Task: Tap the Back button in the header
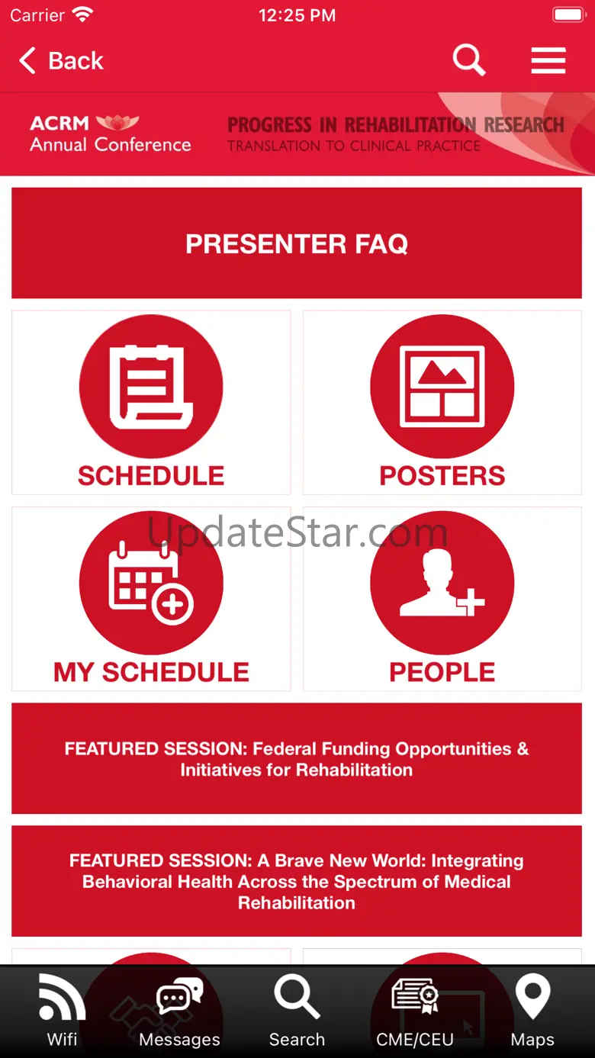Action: [x=61, y=60]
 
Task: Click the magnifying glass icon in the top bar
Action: [x=468, y=59]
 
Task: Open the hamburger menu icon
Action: [x=548, y=60]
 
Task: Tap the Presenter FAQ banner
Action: [x=297, y=243]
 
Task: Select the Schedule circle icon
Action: [x=151, y=386]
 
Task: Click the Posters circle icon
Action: [x=442, y=386]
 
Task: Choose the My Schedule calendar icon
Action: [x=151, y=582]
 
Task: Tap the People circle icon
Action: [x=442, y=582]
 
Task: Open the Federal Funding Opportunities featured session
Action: [x=297, y=758]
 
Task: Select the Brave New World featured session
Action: [x=297, y=881]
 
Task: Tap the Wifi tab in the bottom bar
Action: [x=63, y=1011]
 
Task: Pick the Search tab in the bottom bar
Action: [x=297, y=1011]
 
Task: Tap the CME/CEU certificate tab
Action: [x=415, y=1011]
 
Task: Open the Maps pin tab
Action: [x=532, y=1011]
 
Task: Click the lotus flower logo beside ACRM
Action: [x=117, y=122]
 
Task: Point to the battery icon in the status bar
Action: [x=570, y=14]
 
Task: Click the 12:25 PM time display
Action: [x=297, y=15]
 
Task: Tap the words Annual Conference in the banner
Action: [x=111, y=144]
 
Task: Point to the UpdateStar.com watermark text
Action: [x=297, y=532]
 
